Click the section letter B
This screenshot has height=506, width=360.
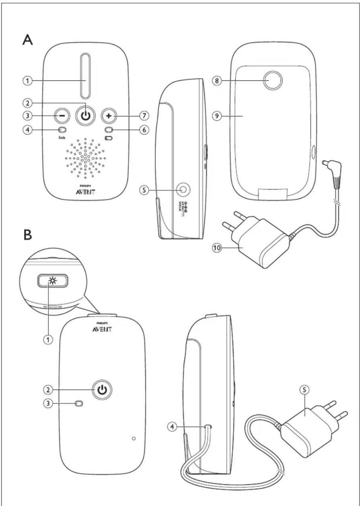pos(27,235)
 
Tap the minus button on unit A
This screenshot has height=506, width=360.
pos(61,115)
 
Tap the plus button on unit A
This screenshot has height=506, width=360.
pos(109,115)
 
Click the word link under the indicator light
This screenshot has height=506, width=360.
pos(62,138)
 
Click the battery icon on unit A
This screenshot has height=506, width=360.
pos(109,138)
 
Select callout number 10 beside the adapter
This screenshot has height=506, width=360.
pos(217,248)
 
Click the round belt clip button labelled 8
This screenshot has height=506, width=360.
pos(273,81)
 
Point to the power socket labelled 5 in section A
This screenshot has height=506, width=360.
pos(183,190)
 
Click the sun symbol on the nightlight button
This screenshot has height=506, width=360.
pos(53,281)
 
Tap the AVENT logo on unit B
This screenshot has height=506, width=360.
pos(102,329)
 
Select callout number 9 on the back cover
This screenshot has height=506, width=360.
pos(217,115)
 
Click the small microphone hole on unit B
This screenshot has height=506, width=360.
pos(134,439)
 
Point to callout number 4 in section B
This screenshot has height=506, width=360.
pos(172,427)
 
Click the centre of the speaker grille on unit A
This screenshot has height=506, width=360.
pos(85,158)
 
